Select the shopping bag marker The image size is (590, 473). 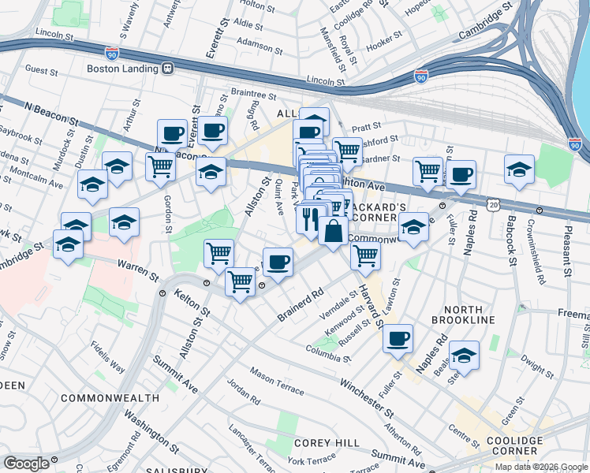pyautogui.click(x=333, y=231)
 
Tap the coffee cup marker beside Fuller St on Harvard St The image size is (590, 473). pyautogui.click(x=398, y=338)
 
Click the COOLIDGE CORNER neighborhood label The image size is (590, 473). pyautogui.click(x=514, y=446)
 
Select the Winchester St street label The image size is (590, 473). pyautogui.click(x=366, y=398)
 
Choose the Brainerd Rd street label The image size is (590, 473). pyautogui.click(x=301, y=304)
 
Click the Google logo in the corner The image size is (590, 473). pyautogui.click(x=26, y=463)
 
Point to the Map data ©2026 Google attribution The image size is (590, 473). pyautogui.click(x=540, y=467)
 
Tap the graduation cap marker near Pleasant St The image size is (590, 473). pyautogui.click(x=520, y=170)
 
